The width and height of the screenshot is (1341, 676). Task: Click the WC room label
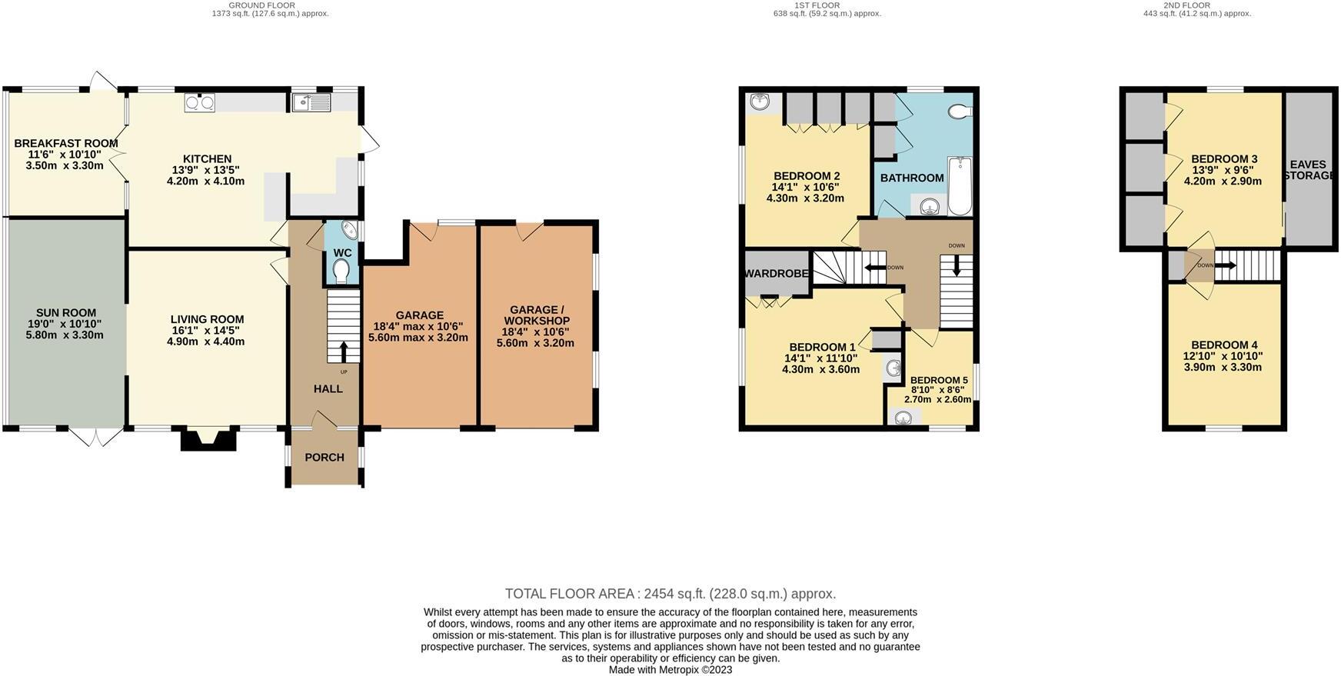[342, 253]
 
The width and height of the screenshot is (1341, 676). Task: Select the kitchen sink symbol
[311, 102]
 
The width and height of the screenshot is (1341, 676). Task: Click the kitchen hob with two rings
[200, 102]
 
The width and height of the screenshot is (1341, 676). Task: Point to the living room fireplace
[208, 439]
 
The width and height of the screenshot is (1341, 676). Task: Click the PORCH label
[324, 458]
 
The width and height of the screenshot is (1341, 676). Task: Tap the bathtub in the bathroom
[960, 187]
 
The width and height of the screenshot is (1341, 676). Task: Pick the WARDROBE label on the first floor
[776, 274]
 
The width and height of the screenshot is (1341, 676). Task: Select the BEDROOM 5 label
[939, 380]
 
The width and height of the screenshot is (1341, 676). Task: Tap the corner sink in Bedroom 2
[761, 101]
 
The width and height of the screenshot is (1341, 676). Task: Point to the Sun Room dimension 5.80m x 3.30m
[65, 335]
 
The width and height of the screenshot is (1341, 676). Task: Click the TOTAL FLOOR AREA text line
[670, 594]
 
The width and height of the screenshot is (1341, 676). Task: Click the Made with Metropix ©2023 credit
[670, 670]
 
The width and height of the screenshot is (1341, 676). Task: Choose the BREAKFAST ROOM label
[66, 144]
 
